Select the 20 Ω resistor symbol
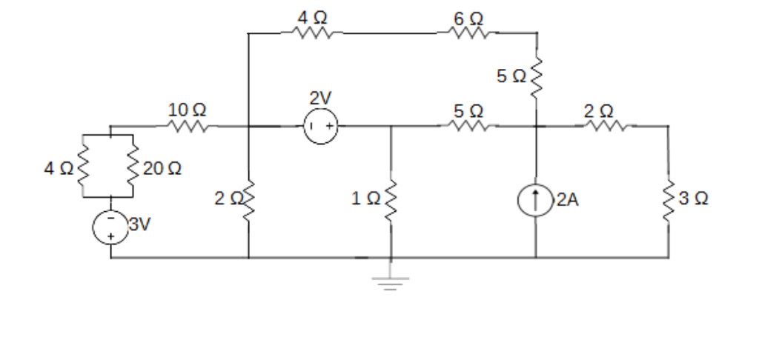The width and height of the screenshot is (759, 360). [133, 167]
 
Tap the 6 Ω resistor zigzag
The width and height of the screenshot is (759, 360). [471, 33]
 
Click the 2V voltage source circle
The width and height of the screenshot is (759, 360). [320, 127]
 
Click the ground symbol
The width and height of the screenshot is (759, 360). [391, 282]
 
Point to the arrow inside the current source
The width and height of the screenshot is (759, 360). [535, 199]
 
